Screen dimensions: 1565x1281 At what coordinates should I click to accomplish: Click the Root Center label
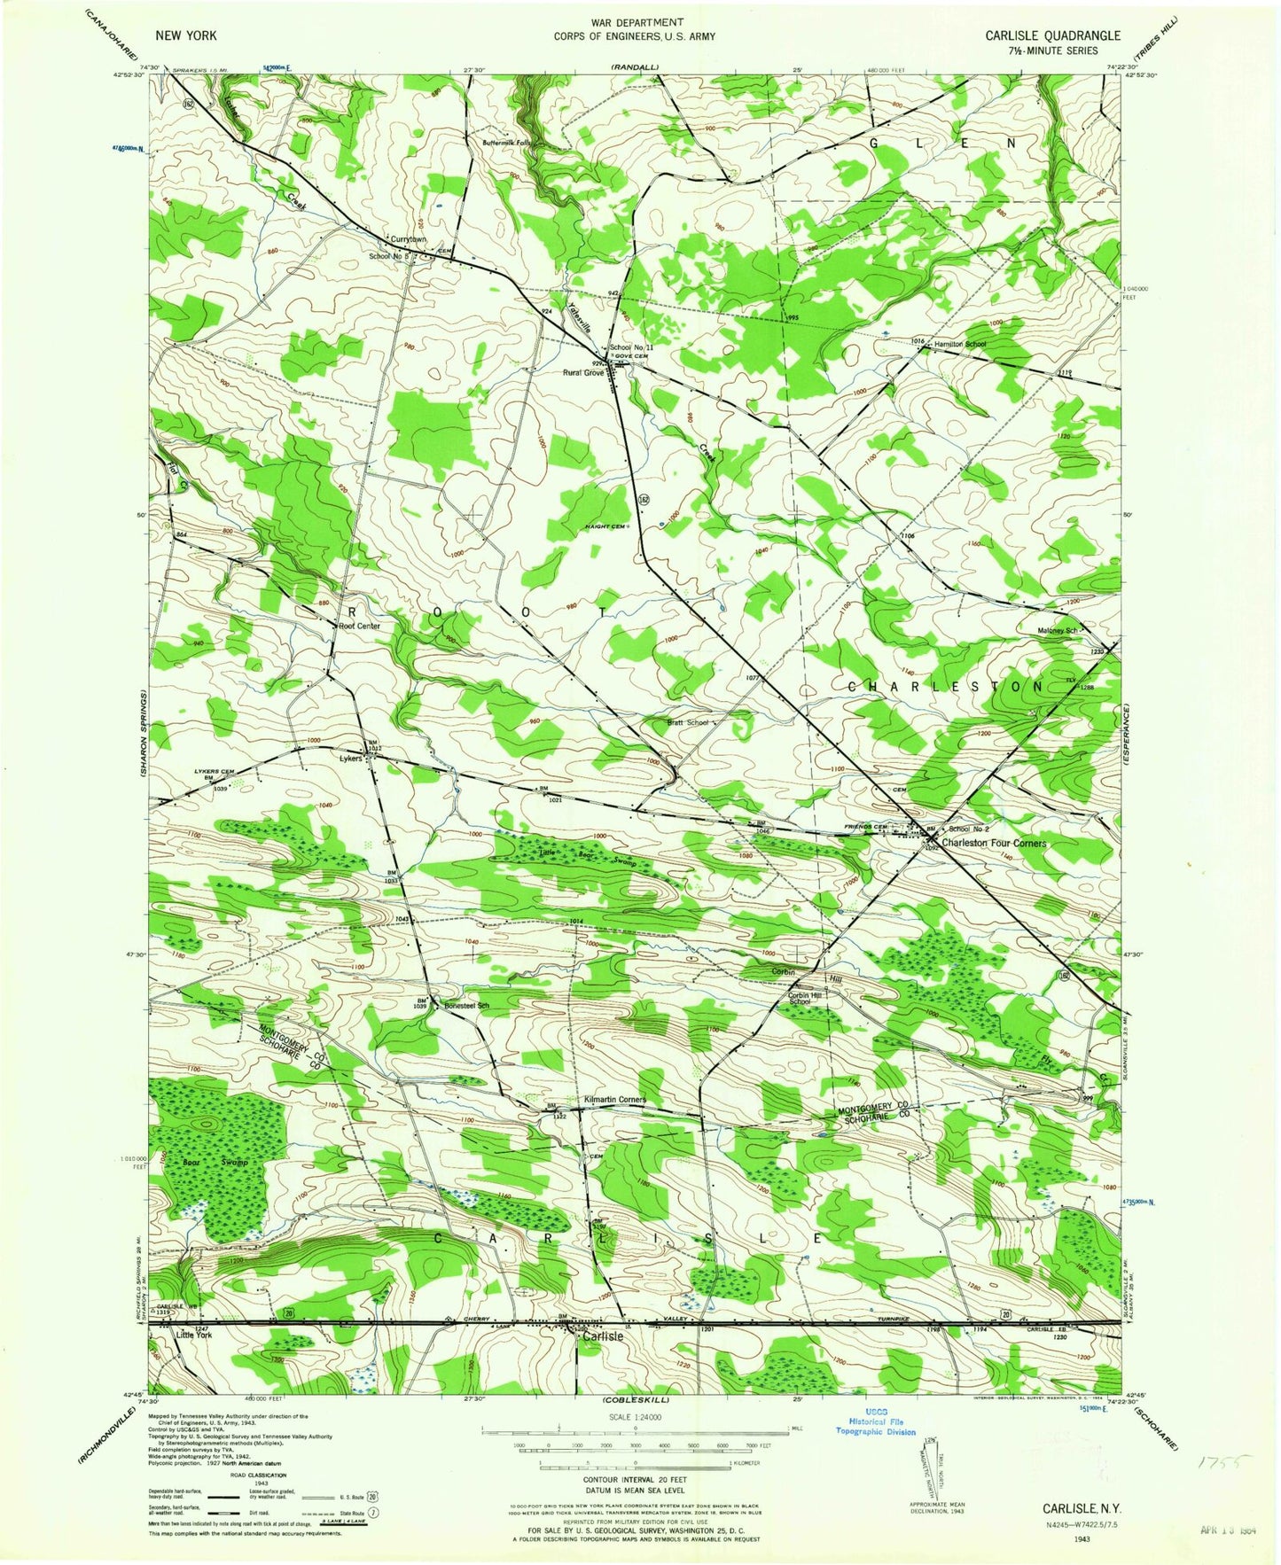360,626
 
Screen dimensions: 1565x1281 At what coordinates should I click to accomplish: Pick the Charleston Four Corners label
994,843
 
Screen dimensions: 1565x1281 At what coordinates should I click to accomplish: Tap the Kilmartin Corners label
614,1100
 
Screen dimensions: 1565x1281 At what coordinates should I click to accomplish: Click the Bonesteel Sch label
467,1006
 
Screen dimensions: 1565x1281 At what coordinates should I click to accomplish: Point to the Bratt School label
689,722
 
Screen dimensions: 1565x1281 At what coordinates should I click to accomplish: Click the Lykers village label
351,759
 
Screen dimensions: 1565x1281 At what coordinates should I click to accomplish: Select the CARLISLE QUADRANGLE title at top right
1052,35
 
